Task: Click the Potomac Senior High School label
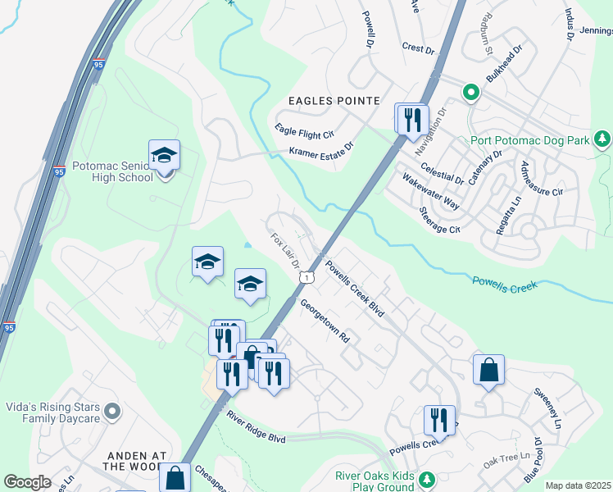[113, 171]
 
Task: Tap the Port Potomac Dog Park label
[530, 140]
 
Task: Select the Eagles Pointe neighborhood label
[334, 101]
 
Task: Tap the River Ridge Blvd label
[257, 427]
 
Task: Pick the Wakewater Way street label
[429, 188]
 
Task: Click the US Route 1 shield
[306, 279]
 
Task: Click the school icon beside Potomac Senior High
[164, 155]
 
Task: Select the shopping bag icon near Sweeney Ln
[488, 370]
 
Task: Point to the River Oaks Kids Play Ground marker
[426, 478]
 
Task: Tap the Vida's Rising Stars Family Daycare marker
[113, 410]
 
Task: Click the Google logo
[28, 482]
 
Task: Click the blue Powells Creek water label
[504, 285]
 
